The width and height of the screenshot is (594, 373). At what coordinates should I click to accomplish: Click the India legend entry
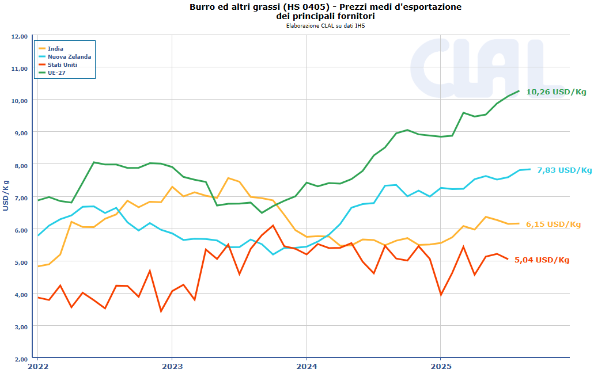[x=55, y=48]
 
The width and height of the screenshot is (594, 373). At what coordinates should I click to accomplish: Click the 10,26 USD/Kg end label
[x=556, y=92]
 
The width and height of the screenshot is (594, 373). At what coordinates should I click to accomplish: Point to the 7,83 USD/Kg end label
[x=564, y=170]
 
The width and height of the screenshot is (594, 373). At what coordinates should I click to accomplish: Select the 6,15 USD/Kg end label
[x=553, y=224]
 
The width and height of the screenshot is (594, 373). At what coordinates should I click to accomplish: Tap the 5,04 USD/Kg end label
[x=542, y=260]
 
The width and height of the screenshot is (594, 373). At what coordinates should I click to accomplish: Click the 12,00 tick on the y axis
[x=20, y=36]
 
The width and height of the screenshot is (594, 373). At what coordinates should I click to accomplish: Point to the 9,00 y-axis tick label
[x=20, y=132]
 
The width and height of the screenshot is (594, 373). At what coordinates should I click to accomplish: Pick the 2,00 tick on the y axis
[x=20, y=359]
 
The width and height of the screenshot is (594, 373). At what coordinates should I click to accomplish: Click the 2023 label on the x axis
[x=172, y=366]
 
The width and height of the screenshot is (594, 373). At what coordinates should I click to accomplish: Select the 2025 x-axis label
[x=441, y=366]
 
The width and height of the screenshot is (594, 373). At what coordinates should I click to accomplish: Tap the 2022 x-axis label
[x=37, y=366]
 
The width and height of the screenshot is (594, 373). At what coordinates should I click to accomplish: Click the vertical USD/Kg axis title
[x=6, y=195]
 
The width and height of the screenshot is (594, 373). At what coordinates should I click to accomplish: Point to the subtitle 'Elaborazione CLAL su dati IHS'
[x=326, y=25]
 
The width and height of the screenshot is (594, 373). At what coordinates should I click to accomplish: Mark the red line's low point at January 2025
[x=441, y=295]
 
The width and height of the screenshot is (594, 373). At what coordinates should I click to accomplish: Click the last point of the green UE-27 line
[x=519, y=91]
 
